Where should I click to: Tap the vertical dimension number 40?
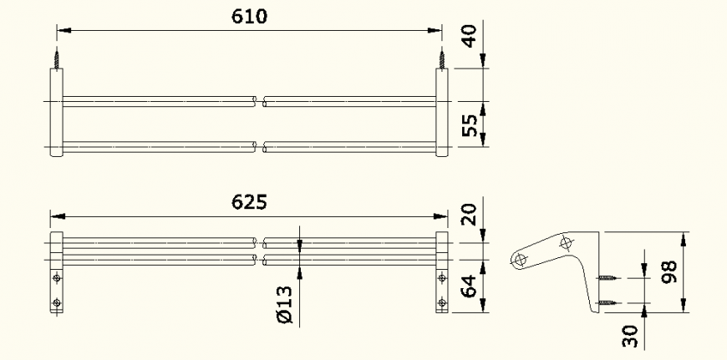[472, 38]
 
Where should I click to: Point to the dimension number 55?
[472, 125]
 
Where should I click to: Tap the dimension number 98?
[669, 271]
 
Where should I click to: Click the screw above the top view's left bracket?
[58, 58]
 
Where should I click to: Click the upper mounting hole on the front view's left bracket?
[57, 277]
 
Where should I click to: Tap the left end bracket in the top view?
[57, 113]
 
